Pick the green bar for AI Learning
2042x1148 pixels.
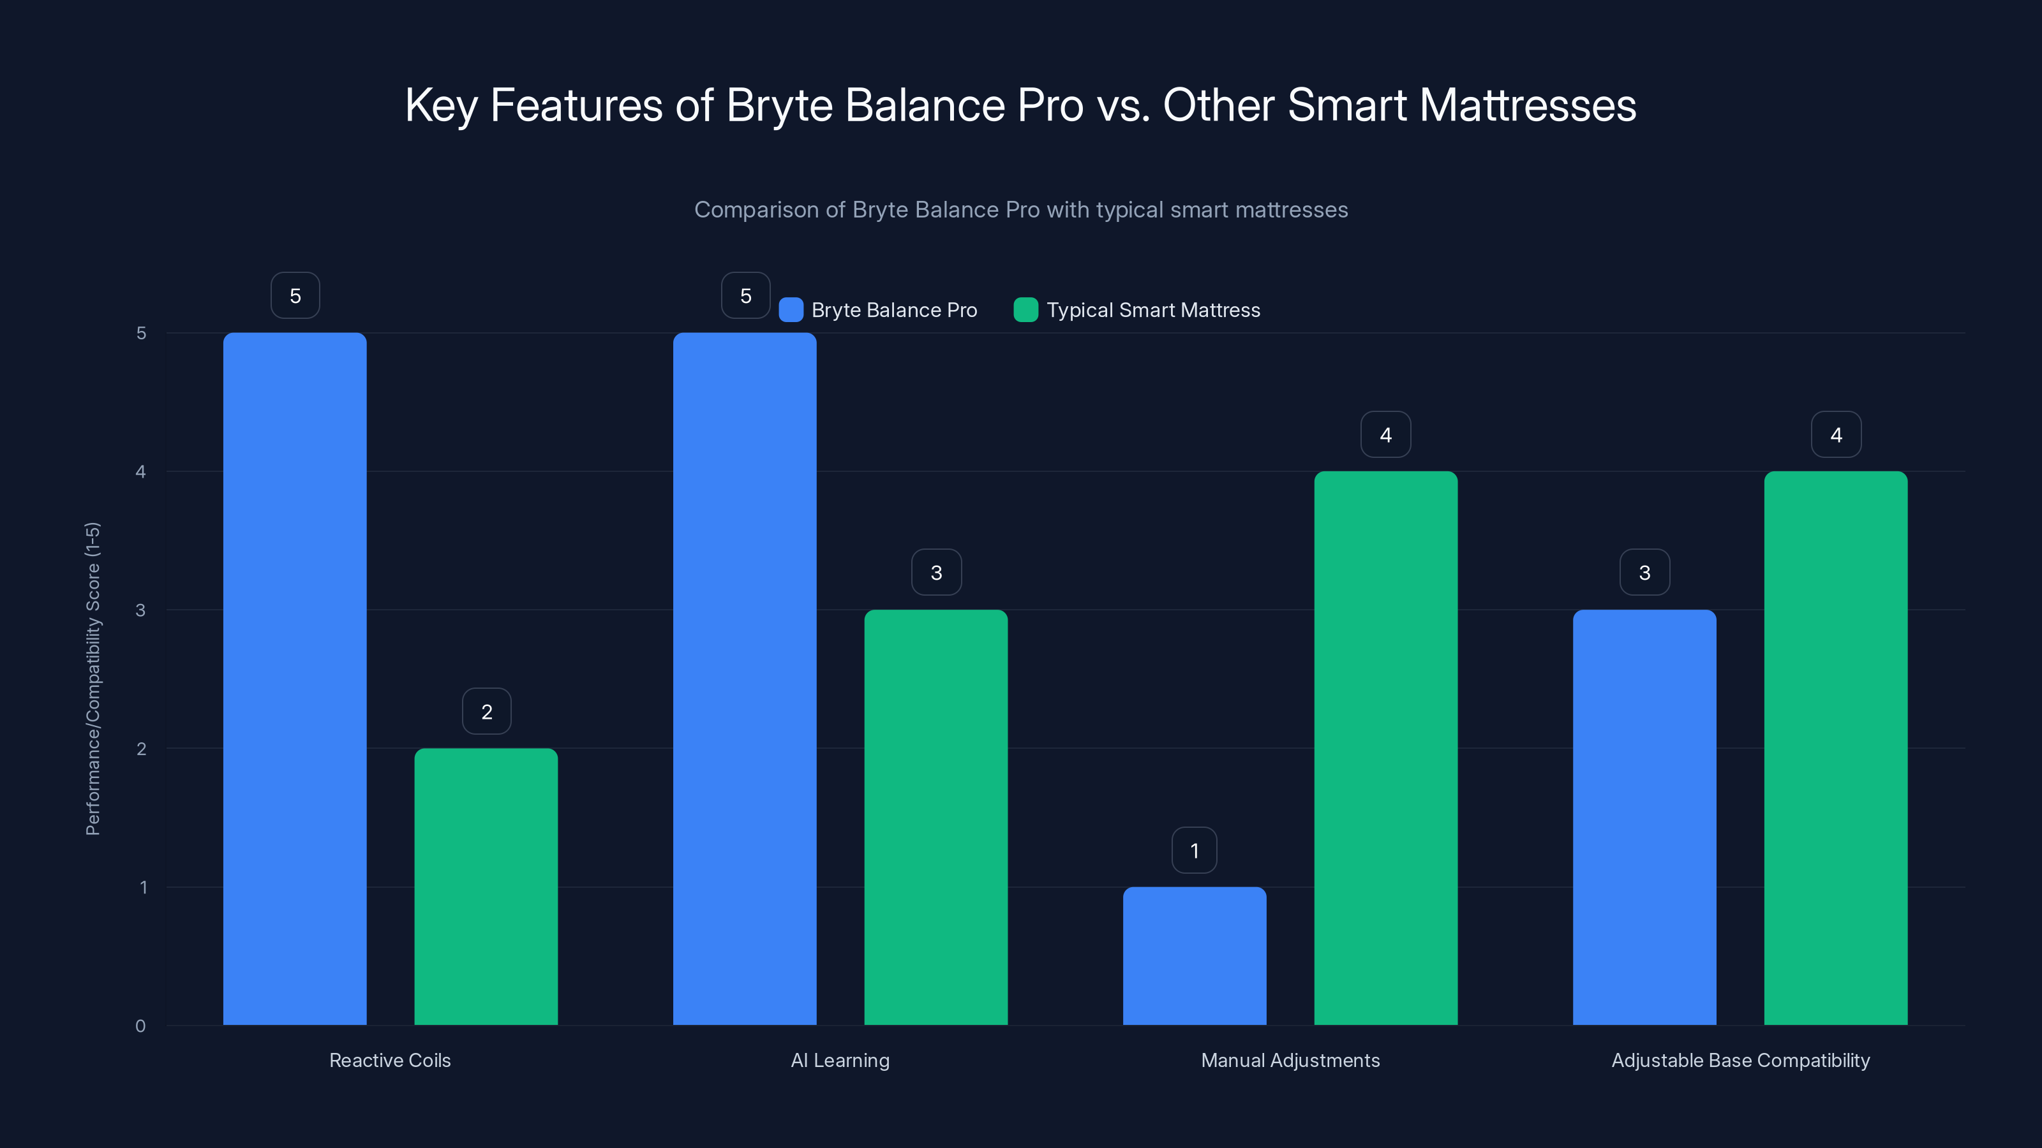(935, 817)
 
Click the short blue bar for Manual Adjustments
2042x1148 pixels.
(1195, 955)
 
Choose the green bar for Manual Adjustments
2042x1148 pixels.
(1385, 748)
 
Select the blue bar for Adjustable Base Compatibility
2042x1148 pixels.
(1644, 817)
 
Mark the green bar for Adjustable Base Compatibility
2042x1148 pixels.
(1836, 748)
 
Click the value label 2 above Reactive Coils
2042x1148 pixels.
(487, 712)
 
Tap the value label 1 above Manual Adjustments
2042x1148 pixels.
(1195, 850)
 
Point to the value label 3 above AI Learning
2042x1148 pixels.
(936, 572)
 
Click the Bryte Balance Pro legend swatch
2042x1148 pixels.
(791, 310)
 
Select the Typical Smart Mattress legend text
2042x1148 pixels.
(1152, 310)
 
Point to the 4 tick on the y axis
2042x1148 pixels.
(141, 471)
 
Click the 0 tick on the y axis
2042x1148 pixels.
(141, 1026)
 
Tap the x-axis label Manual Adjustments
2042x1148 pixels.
(1290, 1060)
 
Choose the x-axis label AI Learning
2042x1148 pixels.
(840, 1060)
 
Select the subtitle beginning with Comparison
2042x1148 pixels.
(1021, 210)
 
